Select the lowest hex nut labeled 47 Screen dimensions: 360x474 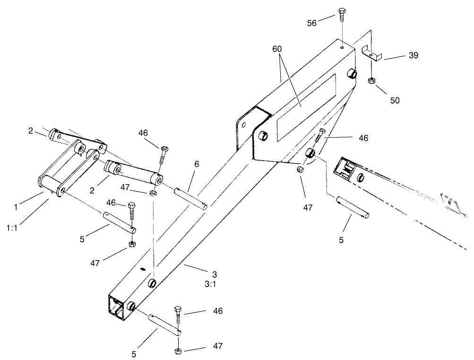178,351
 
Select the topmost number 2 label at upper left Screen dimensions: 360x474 30,131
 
